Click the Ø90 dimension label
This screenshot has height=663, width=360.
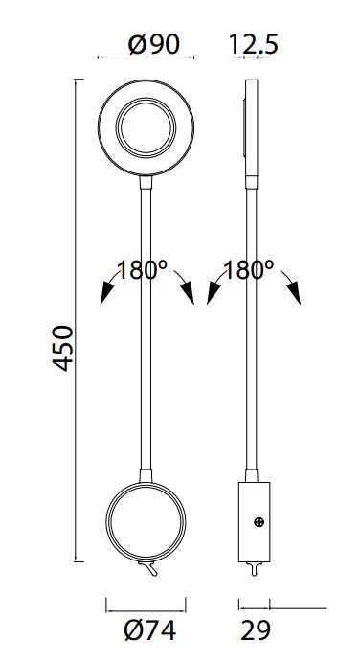pyautogui.click(x=154, y=44)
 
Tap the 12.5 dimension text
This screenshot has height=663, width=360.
pyautogui.click(x=254, y=44)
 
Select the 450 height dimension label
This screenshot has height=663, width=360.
pyautogui.click(x=63, y=349)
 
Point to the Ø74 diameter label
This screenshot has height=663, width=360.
pyautogui.click(x=150, y=630)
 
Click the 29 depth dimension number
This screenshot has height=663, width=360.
pyautogui.click(x=256, y=630)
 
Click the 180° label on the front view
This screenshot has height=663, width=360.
pyautogui.click(x=142, y=270)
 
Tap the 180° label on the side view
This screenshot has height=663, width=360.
pyautogui.click(x=248, y=270)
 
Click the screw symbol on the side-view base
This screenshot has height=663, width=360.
pyautogui.click(x=259, y=522)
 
